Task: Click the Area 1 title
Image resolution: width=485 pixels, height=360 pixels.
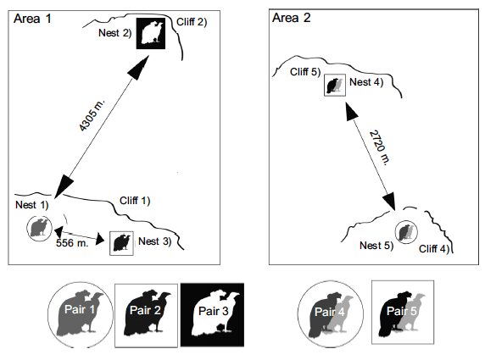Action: (x=32, y=19)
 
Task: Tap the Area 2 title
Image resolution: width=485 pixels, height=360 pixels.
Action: (x=291, y=18)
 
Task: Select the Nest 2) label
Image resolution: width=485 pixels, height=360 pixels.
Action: (x=115, y=33)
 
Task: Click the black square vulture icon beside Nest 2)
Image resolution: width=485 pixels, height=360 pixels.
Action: (x=151, y=33)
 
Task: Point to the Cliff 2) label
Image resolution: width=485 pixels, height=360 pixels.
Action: (x=192, y=22)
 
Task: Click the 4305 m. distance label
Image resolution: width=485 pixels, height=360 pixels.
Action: (x=92, y=115)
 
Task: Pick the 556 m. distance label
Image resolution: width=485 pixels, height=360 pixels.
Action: (x=72, y=243)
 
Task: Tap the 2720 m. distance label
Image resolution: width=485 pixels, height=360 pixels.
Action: (x=380, y=147)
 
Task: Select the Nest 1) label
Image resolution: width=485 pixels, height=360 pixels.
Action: (x=32, y=205)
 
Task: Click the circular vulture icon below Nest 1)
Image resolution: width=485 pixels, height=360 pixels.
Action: (x=39, y=229)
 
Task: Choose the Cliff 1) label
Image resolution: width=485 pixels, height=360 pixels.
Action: (x=135, y=201)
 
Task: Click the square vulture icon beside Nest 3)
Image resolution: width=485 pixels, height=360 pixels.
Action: (x=121, y=243)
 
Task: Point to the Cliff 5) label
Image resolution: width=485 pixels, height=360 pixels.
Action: (x=305, y=72)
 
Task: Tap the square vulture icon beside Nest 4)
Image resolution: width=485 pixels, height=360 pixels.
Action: (x=335, y=85)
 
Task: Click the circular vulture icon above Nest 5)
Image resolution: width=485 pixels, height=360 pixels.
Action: (x=406, y=232)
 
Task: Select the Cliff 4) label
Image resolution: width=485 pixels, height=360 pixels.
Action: (x=434, y=249)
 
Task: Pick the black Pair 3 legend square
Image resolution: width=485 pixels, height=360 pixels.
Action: (x=213, y=315)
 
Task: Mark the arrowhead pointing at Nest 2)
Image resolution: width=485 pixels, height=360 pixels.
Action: (x=139, y=68)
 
